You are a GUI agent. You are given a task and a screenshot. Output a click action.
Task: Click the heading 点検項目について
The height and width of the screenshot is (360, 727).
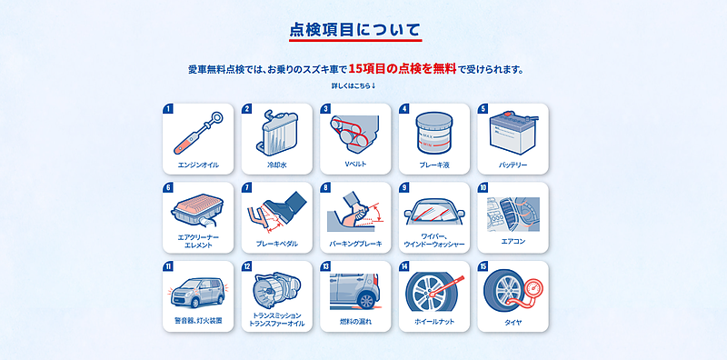pos(355,30)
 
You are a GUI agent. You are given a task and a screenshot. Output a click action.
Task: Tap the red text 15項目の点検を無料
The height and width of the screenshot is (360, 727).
pos(403,69)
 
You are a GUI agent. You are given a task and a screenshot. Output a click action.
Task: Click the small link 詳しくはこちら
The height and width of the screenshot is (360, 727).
pos(353,85)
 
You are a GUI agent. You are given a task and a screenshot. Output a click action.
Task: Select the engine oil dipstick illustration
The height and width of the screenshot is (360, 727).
pos(197,133)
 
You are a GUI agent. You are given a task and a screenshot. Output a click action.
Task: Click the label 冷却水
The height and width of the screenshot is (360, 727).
pos(277,165)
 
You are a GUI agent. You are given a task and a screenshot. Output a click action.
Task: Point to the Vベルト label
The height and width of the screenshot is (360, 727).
pos(355,165)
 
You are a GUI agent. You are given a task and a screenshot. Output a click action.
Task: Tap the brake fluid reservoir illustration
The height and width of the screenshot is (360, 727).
pos(434,133)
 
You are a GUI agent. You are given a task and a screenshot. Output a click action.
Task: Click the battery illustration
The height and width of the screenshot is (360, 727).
pos(513,133)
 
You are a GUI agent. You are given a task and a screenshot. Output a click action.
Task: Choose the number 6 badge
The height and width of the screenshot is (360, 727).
pos(168,188)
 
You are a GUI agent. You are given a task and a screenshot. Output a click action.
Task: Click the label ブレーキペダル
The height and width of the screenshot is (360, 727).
pos(277,244)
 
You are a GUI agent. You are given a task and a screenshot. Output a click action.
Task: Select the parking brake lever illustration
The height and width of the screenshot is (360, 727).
pos(355,212)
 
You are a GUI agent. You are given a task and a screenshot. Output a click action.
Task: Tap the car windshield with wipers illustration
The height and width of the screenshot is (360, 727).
pos(434,212)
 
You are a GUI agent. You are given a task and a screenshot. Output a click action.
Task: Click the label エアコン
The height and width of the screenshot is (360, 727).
pos(513,241)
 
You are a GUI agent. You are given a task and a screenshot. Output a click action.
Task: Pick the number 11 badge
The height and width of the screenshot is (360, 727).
pos(168,266)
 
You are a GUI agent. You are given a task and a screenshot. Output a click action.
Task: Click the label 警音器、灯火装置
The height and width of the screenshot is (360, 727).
pos(198,321)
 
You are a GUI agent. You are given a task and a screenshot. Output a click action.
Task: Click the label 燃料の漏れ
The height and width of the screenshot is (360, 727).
pos(355,321)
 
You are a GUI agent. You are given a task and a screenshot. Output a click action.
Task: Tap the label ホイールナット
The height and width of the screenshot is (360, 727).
pos(434,322)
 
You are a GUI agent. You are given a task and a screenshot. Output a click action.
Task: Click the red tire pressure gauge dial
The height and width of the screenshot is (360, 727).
pos(533,289)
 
